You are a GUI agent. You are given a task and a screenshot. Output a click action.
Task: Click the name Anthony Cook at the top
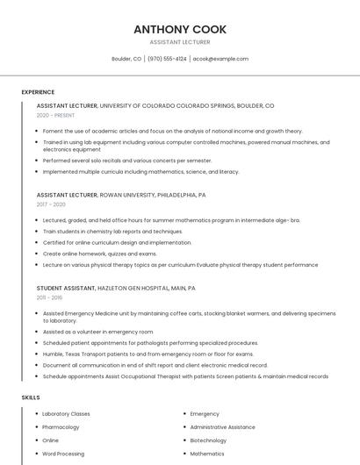tap(179, 29)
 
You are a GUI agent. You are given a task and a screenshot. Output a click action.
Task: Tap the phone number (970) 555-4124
tap(167, 59)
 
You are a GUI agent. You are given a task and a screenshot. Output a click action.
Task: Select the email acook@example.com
tap(220, 59)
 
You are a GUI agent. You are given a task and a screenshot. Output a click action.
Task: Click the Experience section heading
tap(38, 92)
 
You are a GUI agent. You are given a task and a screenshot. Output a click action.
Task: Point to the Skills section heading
tap(31, 397)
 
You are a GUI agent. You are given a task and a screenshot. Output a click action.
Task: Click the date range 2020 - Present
tap(55, 115)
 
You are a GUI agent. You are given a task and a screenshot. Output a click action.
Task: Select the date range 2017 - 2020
tap(51, 204)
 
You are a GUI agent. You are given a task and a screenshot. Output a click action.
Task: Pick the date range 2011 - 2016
tap(50, 297)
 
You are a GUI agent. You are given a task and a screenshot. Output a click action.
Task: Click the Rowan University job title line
tap(121, 195)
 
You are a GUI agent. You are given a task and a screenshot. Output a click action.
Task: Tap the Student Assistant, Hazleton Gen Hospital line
tap(116, 288)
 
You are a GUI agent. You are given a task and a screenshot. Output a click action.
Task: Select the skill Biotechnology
tap(208, 440)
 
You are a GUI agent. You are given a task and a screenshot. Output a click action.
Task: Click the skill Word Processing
tap(63, 454)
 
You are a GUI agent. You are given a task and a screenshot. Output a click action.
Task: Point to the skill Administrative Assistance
tap(222, 426)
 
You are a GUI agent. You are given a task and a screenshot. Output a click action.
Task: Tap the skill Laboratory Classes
tap(66, 413)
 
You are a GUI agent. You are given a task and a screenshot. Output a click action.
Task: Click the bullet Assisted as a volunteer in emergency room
tap(97, 332)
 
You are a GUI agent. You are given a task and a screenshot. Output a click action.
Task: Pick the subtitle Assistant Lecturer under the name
tap(179, 42)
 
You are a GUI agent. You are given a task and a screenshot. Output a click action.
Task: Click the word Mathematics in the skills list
tap(207, 454)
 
